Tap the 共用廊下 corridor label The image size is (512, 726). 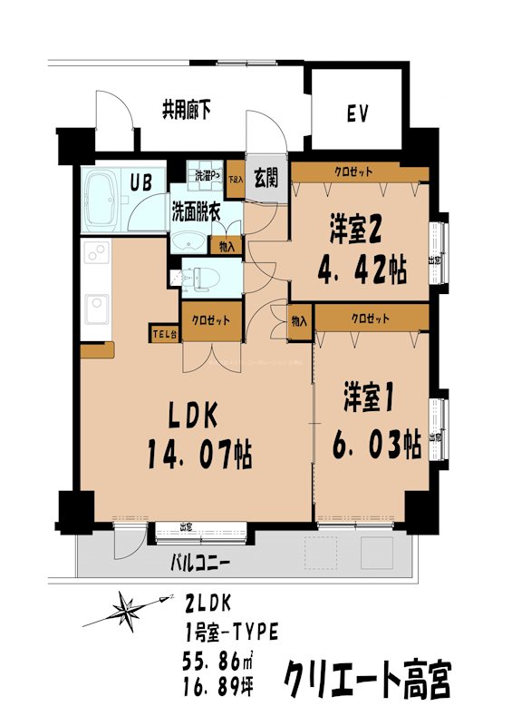(187, 112)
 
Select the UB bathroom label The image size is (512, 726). (140, 181)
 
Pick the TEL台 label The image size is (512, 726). (165, 333)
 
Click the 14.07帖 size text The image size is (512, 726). (198, 453)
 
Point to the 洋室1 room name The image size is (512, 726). (368, 398)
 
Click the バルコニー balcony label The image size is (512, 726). (200, 563)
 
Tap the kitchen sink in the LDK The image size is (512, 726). (94, 307)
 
